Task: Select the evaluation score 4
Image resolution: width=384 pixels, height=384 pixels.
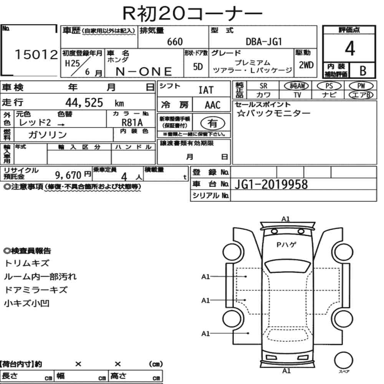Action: click(x=349, y=48)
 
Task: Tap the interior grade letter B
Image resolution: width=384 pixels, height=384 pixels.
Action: click(x=362, y=70)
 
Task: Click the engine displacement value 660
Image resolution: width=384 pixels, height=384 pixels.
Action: click(x=175, y=42)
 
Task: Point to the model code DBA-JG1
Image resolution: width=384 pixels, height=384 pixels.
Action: click(x=264, y=42)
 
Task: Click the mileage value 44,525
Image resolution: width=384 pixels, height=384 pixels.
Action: click(x=84, y=103)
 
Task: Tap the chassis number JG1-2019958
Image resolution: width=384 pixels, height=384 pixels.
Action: click(x=271, y=185)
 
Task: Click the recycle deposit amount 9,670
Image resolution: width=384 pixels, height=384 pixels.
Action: click(x=68, y=175)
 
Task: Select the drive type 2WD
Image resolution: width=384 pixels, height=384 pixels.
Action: click(x=306, y=65)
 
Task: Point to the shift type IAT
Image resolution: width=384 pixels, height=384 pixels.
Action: click(x=206, y=90)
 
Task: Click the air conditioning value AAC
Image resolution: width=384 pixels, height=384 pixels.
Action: click(x=212, y=105)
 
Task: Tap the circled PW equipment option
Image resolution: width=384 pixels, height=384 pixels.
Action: click(x=361, y=86)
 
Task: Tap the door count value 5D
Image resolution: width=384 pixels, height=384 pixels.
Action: click(x=198, y=67)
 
